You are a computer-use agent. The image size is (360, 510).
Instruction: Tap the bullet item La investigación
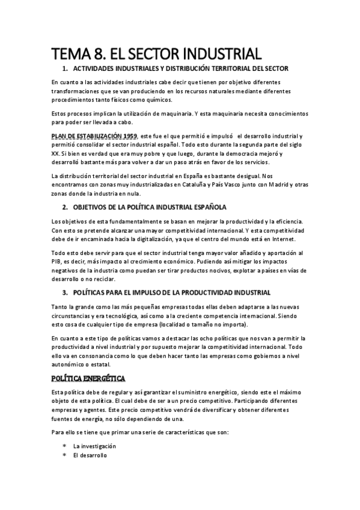click(x=94, y=446)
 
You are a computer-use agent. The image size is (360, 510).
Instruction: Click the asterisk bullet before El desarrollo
click(x=64, y=456)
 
